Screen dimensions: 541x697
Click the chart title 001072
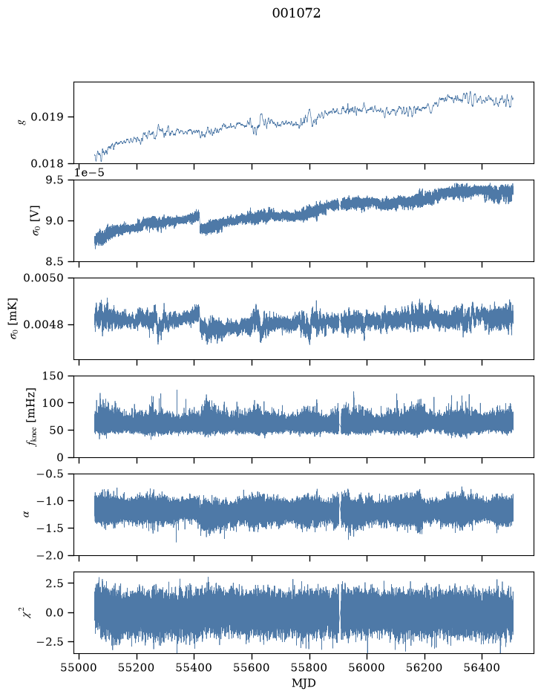[296, 13]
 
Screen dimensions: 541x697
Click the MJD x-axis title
[304, 683]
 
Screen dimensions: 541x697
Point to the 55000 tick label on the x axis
[79, 667]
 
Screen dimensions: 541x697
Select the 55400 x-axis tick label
[194, 667]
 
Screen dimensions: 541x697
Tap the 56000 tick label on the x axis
[367, 667]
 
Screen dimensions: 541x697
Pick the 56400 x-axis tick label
[482, 667]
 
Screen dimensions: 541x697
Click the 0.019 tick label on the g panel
[47, 117]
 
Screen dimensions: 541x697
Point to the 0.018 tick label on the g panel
[47, 163]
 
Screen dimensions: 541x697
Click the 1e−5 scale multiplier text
[89, 172]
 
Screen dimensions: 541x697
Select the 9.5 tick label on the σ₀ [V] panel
[55, 180]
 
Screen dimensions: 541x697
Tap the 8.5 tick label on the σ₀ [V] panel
[55, 261]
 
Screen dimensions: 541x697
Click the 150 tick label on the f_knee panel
[53, 376]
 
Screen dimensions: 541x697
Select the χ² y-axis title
[28, 612]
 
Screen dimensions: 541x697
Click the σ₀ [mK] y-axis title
[14, 318]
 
